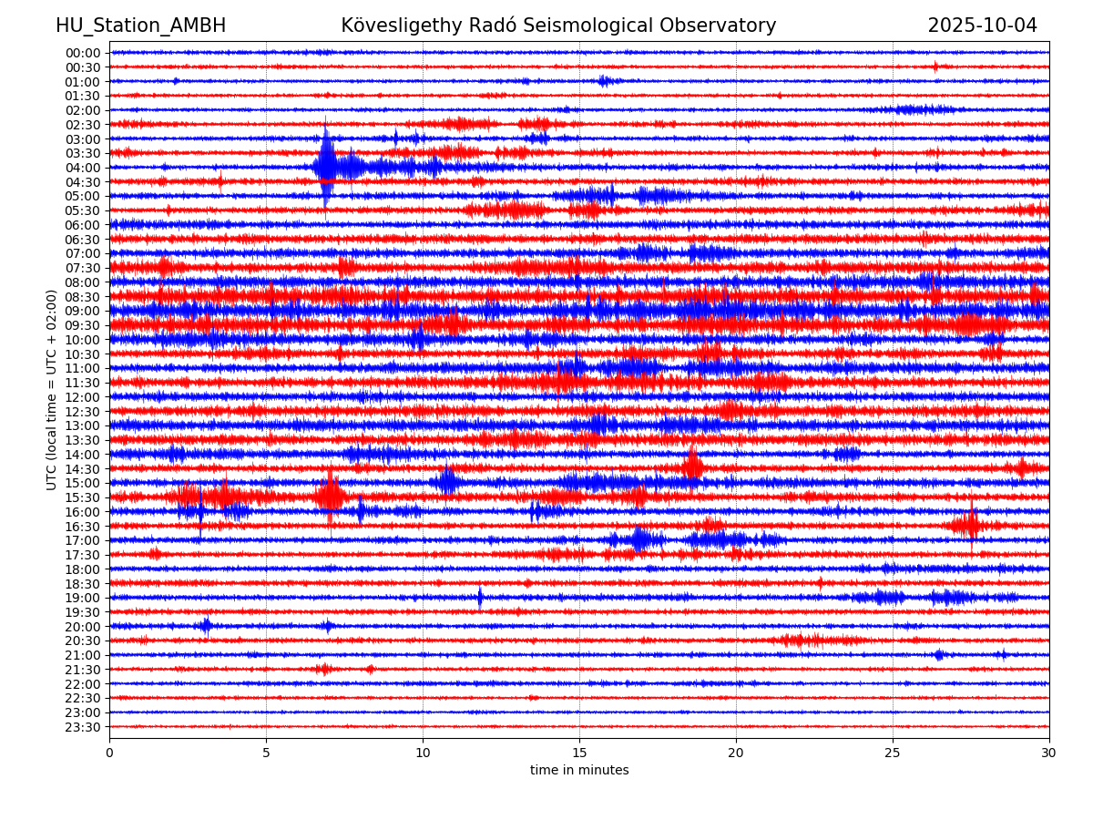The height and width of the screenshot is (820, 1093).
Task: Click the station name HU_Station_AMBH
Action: click(140, 26)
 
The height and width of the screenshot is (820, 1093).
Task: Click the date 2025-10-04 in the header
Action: click(982, 26)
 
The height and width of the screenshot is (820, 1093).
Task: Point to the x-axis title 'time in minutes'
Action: click(579, 770)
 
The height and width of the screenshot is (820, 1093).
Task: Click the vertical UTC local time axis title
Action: click(52, 389)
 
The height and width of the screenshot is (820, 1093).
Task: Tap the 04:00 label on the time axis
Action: click(83, 168)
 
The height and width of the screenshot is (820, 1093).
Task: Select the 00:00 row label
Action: click(83, 53)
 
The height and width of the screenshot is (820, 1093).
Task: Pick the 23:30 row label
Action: click(83, 727)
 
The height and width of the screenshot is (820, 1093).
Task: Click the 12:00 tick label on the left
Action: click(83, 397)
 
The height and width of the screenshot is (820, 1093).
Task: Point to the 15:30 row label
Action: click(83, 497)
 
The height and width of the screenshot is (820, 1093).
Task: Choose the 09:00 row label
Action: click(83, 311)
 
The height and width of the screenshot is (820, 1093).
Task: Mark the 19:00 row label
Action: click(83, 598)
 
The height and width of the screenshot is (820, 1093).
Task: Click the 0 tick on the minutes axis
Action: click(109, 753)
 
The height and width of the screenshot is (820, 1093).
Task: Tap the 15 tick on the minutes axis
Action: click(579, 753)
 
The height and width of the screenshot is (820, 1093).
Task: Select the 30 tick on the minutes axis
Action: click(1049, 753)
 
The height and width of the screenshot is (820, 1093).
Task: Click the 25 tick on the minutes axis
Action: click(893, 753)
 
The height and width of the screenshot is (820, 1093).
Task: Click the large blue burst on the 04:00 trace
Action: click(326, 166)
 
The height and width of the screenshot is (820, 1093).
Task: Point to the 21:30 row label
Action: click(83, 670)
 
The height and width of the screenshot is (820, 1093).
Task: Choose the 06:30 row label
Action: click(83, 240)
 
